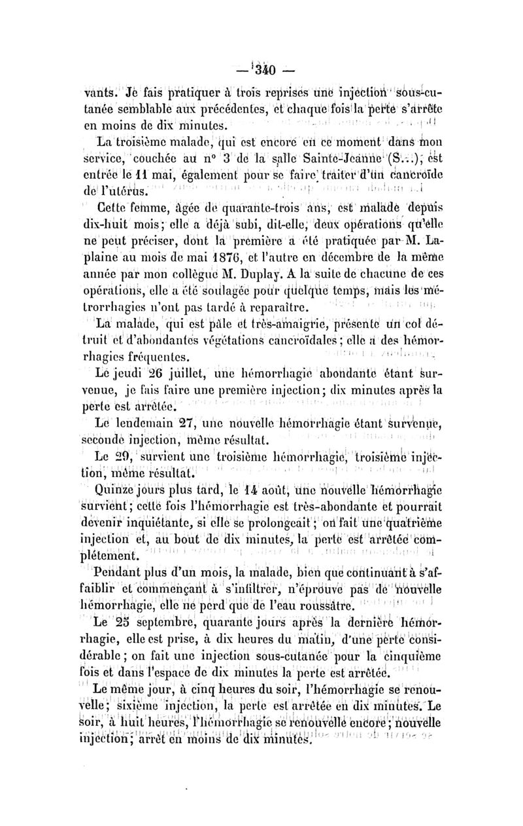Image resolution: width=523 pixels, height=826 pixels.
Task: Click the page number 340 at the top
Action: tap(261, 68)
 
